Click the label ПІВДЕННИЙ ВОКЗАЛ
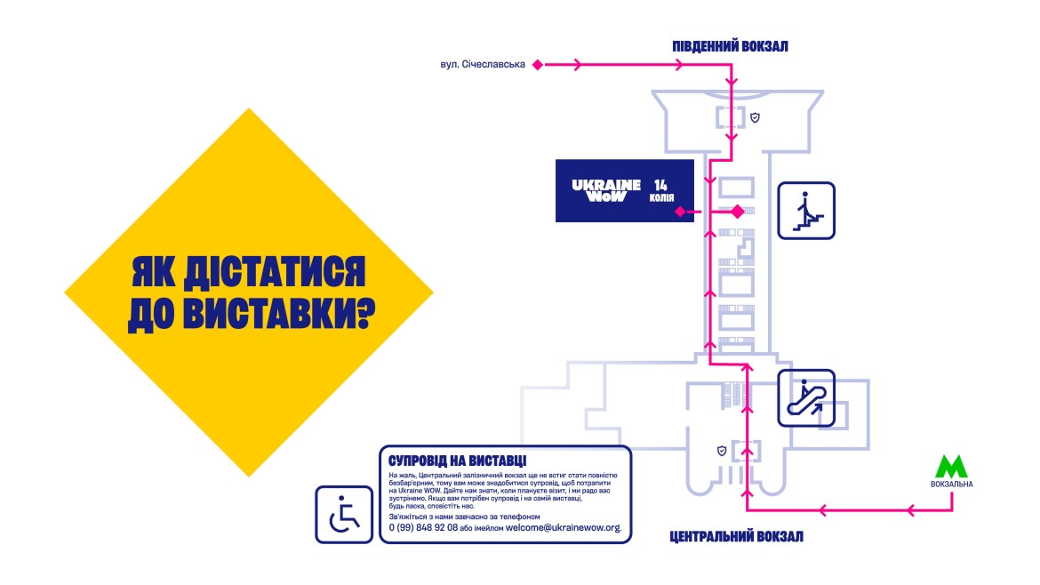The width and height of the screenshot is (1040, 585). pos(730,46)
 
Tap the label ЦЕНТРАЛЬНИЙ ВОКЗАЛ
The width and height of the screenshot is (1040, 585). pos(735,537)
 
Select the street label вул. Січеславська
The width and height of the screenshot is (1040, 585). pos(483,64)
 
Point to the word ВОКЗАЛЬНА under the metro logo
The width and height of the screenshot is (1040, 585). pos(952,485)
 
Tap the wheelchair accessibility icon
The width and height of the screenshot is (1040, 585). pos(344,514)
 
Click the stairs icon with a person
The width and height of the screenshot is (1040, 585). pos(806,211)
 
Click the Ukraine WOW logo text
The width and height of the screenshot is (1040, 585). pos(606,190)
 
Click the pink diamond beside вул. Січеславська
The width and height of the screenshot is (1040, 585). pos(537,64)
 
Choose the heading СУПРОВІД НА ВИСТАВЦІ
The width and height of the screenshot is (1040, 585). pos(457,461)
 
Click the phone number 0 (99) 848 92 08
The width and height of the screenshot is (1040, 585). pos(423,527)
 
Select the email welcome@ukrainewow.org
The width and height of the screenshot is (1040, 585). pos(563,527)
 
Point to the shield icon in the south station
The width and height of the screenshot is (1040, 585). pos(755,117)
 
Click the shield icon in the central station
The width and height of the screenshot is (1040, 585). pos(722,451)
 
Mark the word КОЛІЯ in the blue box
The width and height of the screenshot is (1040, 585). pos(661,198)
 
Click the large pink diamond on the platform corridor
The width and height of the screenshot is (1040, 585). pos(737,212)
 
